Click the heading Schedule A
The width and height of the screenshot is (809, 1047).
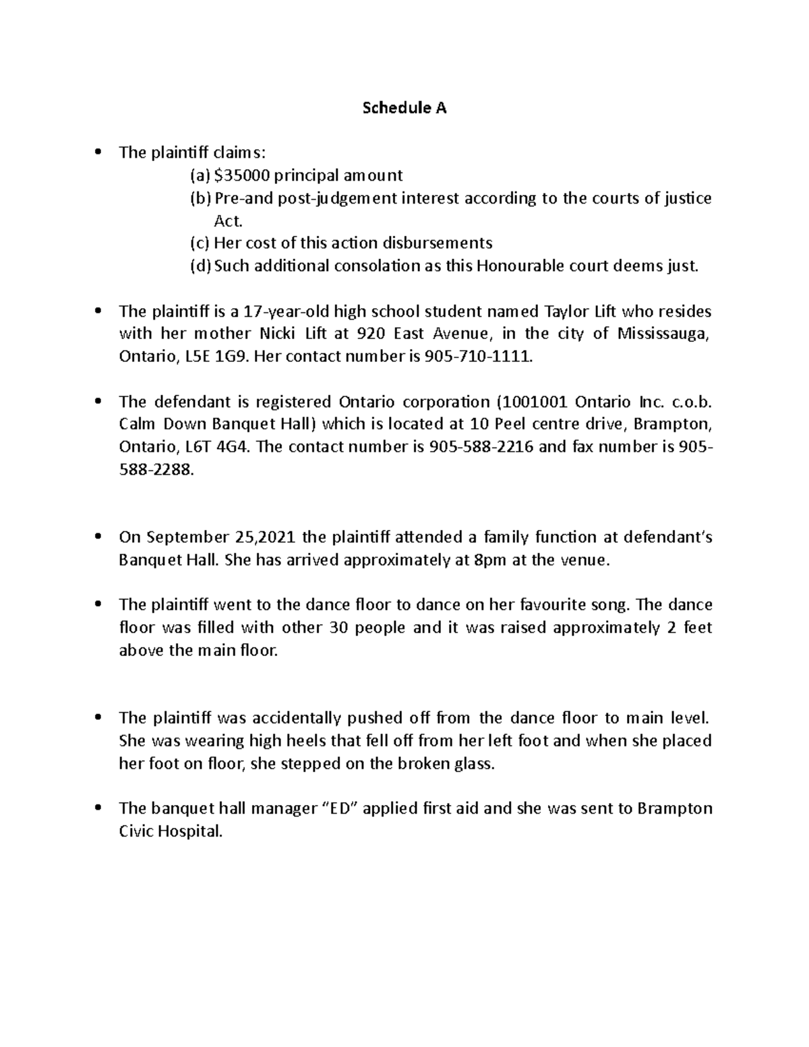point(404,108)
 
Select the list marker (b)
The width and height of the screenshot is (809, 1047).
point(200,199)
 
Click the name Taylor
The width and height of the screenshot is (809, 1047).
point(564,311)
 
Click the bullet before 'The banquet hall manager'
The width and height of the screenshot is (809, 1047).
point(98,808)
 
